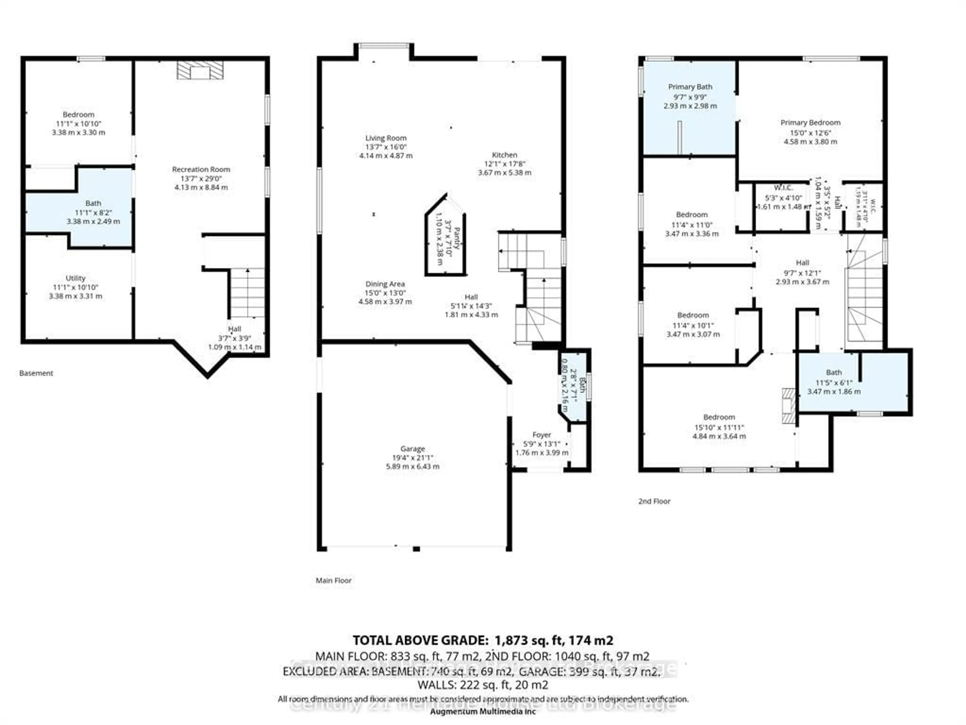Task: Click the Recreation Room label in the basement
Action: coord(201,169)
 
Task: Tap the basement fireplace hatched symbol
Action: coord(200,70)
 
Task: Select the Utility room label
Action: coord(75,278)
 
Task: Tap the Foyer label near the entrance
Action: coord(542,434)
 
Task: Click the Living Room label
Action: coord(386,138)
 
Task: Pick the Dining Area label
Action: coord(385,284)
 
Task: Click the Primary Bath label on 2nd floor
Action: coord(690,87)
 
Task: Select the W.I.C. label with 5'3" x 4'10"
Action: coord(783,188)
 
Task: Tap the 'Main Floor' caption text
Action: coord(333,580)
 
